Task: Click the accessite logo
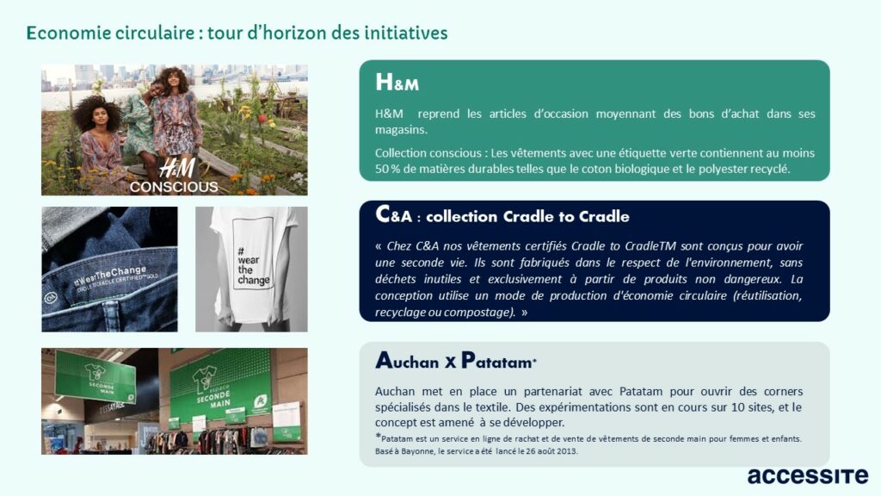point(807,475)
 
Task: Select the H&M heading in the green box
point(397,82)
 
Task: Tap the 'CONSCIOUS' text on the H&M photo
point(174,187)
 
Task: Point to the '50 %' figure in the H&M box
point(387,169)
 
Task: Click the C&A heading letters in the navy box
point(393,214)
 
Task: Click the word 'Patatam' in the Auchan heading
point(496,361)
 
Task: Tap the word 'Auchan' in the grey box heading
point(407,361)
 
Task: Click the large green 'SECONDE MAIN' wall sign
point(220,390)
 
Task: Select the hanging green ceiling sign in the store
point(95,375)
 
